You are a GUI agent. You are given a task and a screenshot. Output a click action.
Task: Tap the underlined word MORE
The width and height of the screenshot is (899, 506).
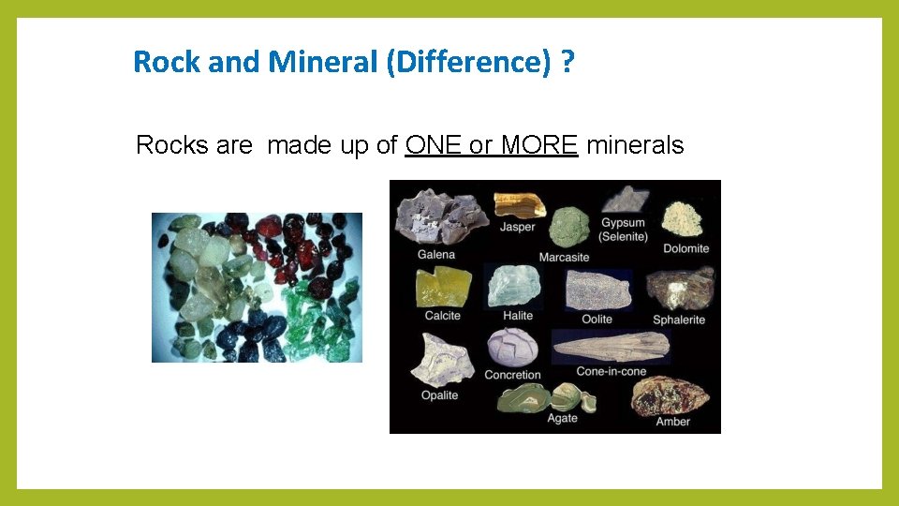[539, 145]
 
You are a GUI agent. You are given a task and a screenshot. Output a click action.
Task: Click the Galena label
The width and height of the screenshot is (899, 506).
[435, 254]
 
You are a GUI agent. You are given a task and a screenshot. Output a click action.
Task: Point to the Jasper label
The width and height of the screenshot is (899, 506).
[517, 227]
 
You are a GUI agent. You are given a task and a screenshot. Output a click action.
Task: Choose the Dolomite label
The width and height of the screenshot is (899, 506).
[685, 248]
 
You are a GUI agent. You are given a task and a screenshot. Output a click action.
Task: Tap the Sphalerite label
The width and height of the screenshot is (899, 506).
[679, 320]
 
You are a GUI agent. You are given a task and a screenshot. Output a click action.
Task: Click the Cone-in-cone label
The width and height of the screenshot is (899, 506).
[611, 371]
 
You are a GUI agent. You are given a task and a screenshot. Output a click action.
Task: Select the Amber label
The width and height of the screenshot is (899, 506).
[672, 421]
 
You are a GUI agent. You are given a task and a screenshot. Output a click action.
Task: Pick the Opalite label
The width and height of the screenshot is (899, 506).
[439, 394]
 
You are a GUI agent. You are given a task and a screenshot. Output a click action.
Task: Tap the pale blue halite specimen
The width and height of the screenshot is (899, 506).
[515, 285]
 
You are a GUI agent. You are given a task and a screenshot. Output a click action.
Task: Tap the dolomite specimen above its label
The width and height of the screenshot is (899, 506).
[684, 218]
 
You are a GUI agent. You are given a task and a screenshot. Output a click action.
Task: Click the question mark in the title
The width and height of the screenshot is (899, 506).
[568, 62]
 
